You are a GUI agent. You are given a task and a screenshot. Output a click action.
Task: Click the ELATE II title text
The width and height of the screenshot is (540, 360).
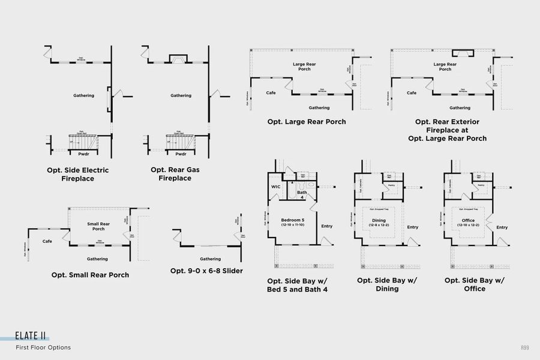(x=32, y=337)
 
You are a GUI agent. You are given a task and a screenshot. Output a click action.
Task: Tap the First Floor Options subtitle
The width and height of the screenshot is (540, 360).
(x=43, y=347)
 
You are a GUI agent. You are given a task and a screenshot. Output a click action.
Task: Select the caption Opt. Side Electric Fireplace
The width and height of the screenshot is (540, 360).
(x=78, y=174)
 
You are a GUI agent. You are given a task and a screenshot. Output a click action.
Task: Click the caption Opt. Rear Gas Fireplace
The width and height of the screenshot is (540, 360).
(x=175, y=174)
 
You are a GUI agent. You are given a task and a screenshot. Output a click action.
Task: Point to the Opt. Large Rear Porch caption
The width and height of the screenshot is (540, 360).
(x=307, y=122)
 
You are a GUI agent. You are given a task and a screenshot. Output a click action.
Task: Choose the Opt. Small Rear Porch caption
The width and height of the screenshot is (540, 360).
(x=90, y=275)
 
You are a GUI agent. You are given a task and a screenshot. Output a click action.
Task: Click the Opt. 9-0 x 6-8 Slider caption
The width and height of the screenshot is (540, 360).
(x=206, y=271)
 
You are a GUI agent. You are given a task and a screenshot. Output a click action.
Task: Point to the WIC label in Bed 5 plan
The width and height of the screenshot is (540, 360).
(x=276, y=187)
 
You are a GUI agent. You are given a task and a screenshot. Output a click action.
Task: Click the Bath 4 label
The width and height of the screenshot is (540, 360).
(x=302, y=194)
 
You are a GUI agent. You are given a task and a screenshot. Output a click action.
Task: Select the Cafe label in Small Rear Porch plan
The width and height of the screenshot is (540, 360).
(x=47, y=241)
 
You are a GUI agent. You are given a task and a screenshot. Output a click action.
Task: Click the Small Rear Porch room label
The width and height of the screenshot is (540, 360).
(x=98, y=226)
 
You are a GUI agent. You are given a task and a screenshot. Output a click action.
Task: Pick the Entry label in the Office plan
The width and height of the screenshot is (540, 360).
(x=502, y=227)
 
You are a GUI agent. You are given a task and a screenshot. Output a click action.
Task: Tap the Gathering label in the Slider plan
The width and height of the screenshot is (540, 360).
(x=210, y=259)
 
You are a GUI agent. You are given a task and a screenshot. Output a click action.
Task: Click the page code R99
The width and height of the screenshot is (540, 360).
(x=525, y=347)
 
